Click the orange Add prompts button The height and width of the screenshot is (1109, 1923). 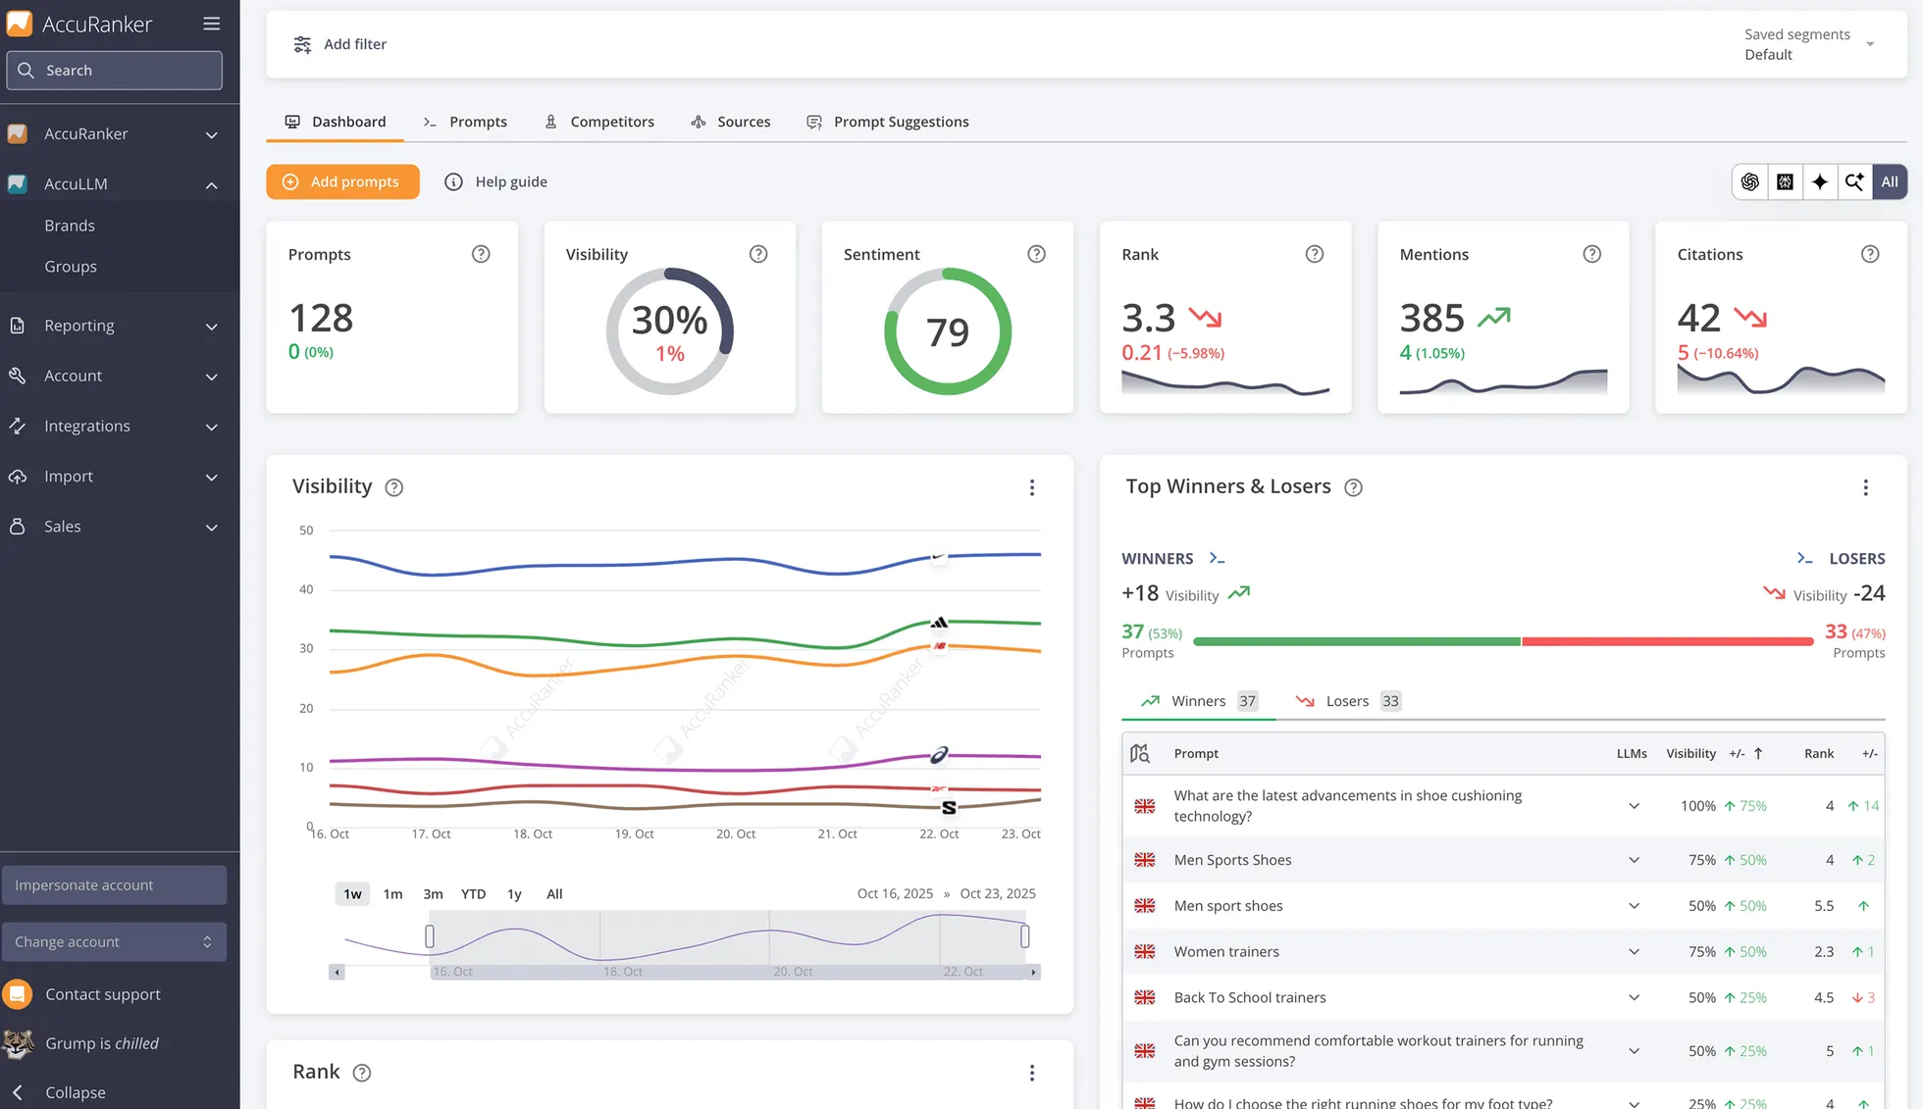click(342, 181)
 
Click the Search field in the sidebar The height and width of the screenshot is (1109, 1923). click(115, 71)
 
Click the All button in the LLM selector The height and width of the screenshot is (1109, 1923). click(1889, 181)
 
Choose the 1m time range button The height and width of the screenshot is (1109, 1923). click(392, 893)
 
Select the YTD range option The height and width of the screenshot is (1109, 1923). click(473, 893)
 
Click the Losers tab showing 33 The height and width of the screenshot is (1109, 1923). click(1347, 701)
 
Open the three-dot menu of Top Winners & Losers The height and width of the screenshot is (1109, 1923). click(1865, 487)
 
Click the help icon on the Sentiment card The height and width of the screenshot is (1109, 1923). click(1036, 254)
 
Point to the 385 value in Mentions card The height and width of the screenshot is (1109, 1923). click(1431, 318)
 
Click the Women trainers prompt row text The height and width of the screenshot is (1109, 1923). click(1226, 951)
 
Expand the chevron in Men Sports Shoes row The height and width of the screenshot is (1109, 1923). click(1634, 860)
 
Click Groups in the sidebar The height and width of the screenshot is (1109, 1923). click(71, 267)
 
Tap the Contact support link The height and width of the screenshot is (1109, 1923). click(102, 994)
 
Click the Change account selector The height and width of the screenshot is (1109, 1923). click(114, 941)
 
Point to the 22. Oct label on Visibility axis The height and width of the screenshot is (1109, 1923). click(938, 833)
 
